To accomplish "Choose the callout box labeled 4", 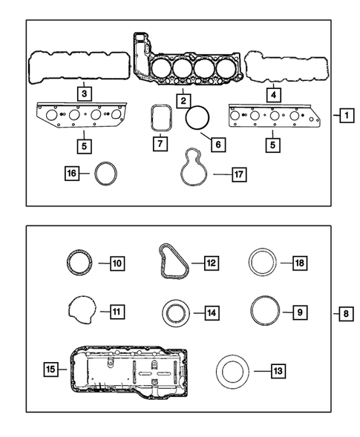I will coord(273,94).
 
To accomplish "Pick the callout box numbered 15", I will coord(52,368).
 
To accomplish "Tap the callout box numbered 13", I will coord(278,369).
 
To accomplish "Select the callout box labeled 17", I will coord(238,176).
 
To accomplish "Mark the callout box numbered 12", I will coord(211,262).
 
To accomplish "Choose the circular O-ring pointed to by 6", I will coord(198,117).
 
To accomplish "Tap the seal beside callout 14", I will coord(174,312).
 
